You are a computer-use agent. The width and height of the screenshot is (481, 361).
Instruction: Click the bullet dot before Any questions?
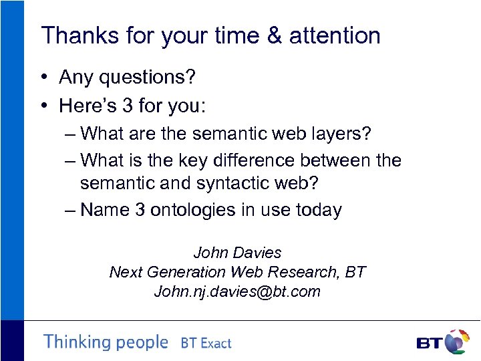coord(42,78)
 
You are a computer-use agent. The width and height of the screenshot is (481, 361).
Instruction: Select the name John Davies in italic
coord(237,253)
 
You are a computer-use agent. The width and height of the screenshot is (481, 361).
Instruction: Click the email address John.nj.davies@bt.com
coord(237,291)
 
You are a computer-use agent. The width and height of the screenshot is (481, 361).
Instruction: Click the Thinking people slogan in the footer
coord(106,342)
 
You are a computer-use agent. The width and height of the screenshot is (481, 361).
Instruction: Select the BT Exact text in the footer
coord(206,344)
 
